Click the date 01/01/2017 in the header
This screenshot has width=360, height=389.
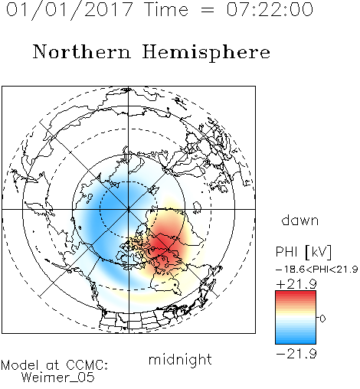(70, 10)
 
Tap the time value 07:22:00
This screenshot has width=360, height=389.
(270, 9)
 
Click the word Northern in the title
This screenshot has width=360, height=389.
(82, 51)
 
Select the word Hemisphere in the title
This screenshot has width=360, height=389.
(206, 53)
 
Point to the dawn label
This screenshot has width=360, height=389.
(300, 221)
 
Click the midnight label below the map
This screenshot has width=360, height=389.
(180, 359)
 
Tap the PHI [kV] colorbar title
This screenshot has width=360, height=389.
(303, 252)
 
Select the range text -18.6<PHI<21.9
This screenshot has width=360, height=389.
(317, 270)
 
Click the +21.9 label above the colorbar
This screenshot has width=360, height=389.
(296, 284)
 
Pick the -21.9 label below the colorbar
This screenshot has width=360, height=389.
(296, 354)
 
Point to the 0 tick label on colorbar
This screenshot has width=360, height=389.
(322, 319)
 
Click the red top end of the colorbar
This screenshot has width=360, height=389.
(296, 293)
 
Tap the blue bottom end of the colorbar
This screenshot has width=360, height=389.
(296, 341)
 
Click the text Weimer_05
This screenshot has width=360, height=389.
(58, 378)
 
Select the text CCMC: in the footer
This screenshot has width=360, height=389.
(87, 365)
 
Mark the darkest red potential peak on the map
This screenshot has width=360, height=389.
(161, 246)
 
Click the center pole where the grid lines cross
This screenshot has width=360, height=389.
(129, 209)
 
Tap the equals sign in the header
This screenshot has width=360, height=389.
(207, 11)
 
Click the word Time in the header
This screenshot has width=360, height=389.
(166, 9)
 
